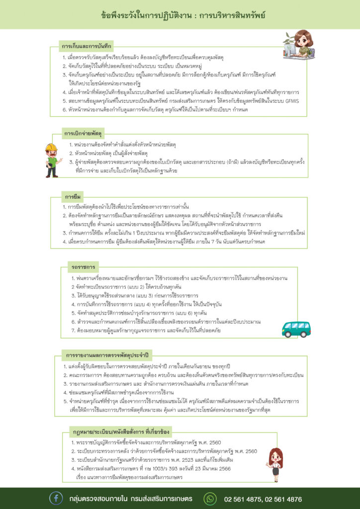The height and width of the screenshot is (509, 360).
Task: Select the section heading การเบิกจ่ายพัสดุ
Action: click(83, 133)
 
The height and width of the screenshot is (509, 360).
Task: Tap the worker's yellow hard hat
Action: click(51, 147)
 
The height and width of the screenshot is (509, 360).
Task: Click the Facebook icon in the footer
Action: click(56, 499)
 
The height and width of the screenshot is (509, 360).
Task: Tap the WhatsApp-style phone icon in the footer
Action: click(211, 499)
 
